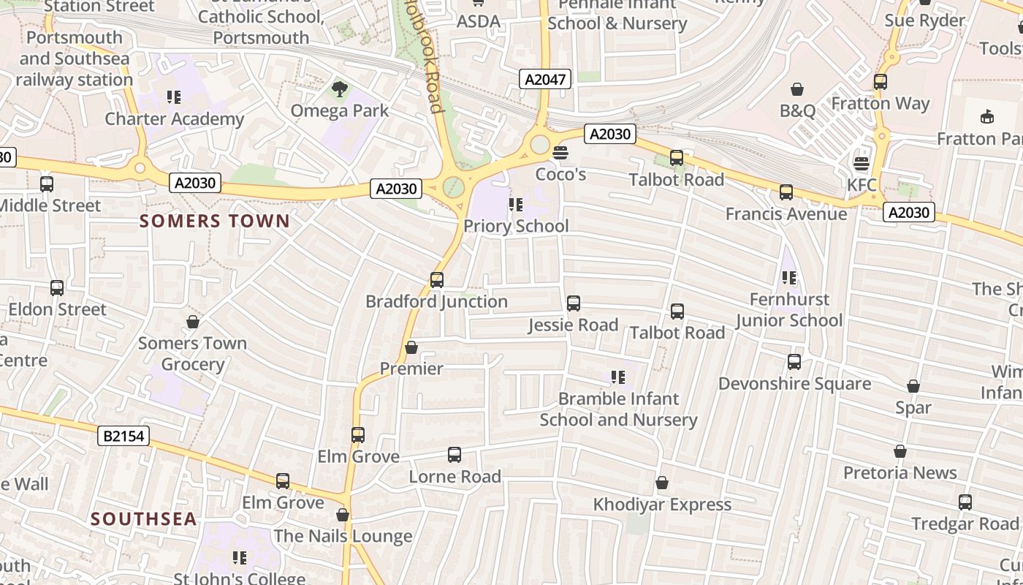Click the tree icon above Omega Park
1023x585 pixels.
(x=339, y=89)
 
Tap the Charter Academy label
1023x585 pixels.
(x=174, y=118)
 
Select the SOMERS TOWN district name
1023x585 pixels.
(x=215, y=221)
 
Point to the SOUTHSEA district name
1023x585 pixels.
(x=144, y=519)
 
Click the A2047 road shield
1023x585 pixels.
(x=545, y=79)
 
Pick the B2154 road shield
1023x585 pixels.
(x=123, y=437)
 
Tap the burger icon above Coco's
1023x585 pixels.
(x=560, y=153)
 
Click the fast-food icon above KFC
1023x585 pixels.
(x=862, y=163)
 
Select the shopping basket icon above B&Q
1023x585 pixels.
(x=797, y=89)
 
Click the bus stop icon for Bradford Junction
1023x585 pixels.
(x=437, y=279)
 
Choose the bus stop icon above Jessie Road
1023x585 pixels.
(x=574, y=303)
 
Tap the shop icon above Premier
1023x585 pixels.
(x=411, y=347)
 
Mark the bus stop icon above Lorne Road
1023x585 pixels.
(x=455, y=455)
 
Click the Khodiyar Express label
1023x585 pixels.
(x=662, y=505)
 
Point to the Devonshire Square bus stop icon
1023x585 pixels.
(x=794, y=361)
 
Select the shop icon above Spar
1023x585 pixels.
(x=913, y=386)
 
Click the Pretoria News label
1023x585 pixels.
(x=900, y=472)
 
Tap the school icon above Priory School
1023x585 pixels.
(x=516, y=205)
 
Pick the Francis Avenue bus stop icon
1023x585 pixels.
(x=786, y=192)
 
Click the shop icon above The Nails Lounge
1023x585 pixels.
(x=343, y=515)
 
